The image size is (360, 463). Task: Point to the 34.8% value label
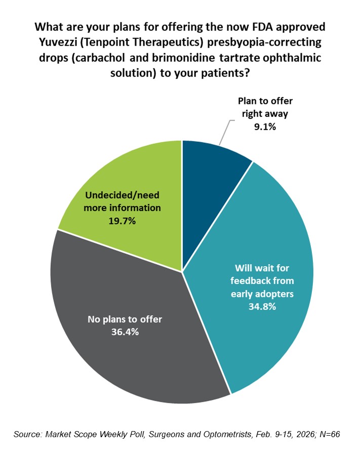tap(262, 307)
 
